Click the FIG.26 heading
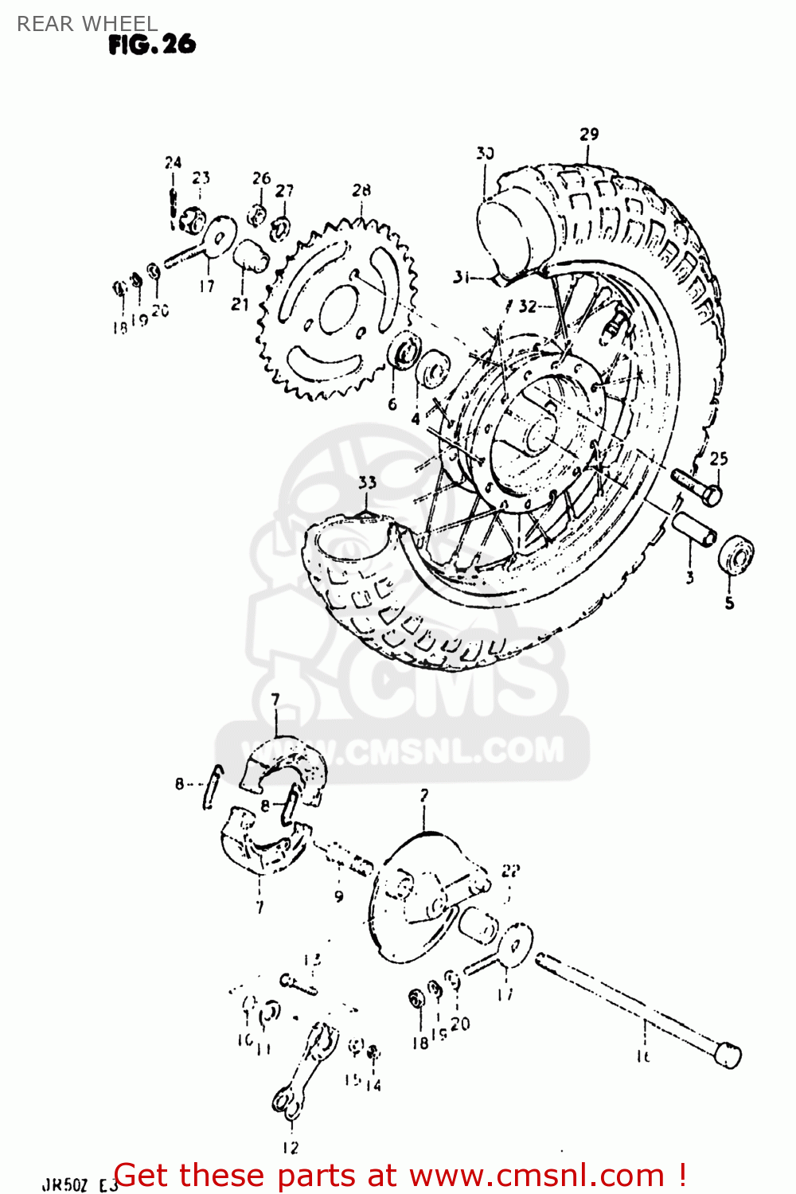tap(152, 45)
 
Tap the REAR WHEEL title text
tap(87, 24)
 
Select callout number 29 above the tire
tap(589, 134)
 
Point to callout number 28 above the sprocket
tap(361, 190)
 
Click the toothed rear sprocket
tap(338, 310)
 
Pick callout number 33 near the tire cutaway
tap(367, 482)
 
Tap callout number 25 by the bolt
tap(719, 458)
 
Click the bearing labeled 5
tap(736, 555)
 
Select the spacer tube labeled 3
tap(695, 529)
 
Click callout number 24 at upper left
tap(173, 162)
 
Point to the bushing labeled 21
tap(249, 256)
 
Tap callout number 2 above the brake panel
tap(424, 794)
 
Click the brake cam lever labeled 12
tap(304, 1067)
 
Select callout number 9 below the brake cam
tap(339, 896)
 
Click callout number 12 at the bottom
tap(291, 1147)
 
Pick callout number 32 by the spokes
tap(528, 306)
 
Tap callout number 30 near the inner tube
tap(486, 153)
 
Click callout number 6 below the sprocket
tap(392, 404)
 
